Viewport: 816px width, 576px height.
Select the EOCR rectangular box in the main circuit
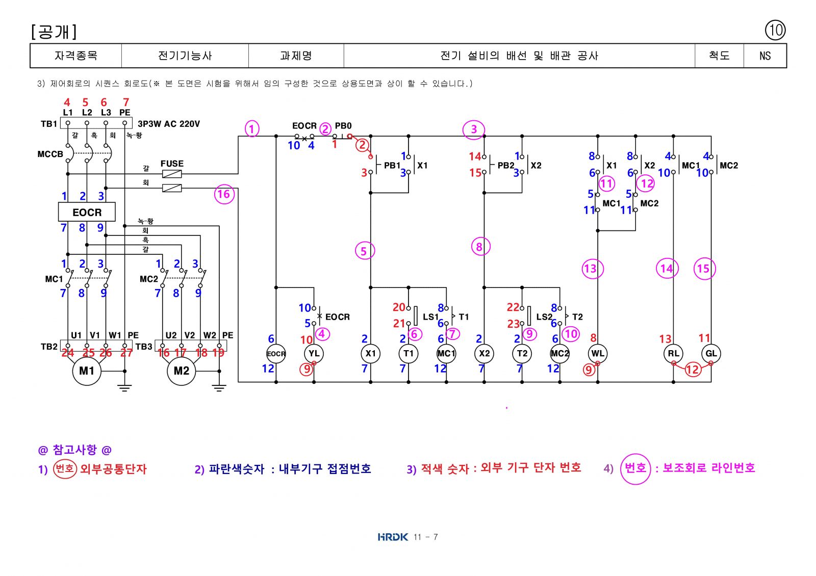coord(87,212)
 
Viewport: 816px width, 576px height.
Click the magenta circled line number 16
coord(224,194)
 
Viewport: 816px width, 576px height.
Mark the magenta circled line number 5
coord(365,250)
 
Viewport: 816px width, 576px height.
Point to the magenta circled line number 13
coord(592,269)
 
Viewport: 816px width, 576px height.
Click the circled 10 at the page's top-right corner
coord(775,30)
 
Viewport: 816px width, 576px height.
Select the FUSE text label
coord(172,164)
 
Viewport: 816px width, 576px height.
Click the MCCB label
coord(50,154)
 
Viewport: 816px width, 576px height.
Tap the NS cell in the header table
coord(765,56)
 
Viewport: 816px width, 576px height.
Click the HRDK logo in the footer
coord(393,537)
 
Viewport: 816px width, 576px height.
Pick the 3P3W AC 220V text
coord(169,124)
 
